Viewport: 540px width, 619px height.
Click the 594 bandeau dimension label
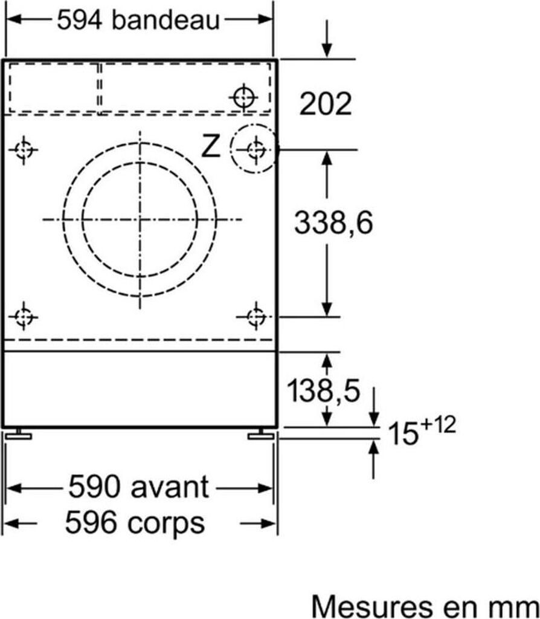click(x=138, y=20)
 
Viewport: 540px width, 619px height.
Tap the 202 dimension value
click(x=326, y=104)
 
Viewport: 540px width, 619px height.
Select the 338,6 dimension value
click(x=333, y=222)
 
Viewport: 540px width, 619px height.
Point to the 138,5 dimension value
click(x=323, y=391)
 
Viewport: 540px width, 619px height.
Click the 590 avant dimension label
click(x=138, y=487)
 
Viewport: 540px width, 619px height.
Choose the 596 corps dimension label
click(x=135, y=523)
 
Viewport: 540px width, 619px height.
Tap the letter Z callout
click(x=211, y=146)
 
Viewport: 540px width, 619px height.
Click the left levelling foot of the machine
click(x=18, y=433)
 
